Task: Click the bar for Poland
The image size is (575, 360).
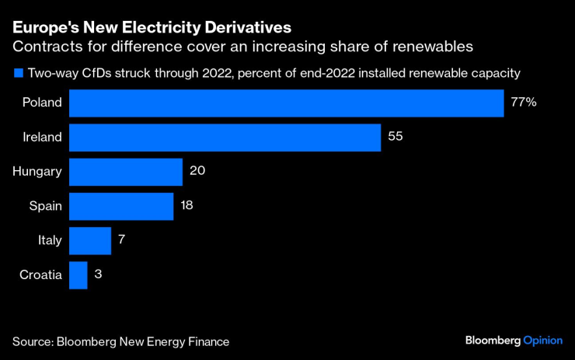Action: (286, 103)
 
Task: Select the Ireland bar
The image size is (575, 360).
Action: (225, 138)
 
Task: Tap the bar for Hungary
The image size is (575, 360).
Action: (125, 172)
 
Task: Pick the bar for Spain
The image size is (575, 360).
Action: (120, 206)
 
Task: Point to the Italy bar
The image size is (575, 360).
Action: (90, 240)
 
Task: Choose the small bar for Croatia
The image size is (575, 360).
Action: (78, 274)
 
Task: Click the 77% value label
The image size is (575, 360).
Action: (524, 103)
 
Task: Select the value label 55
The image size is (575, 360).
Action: (396, 138)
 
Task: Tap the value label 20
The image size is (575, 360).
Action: (197, 172)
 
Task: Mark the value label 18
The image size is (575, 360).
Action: (187, 206)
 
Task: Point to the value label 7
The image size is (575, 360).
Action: (122, 240)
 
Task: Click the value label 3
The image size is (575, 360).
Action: (98, 274)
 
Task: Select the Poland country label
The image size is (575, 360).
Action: (41, 103)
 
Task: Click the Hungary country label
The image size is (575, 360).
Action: (37, 172)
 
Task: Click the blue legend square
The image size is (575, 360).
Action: (17, 74)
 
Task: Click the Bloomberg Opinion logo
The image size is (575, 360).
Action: (514, 341)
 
